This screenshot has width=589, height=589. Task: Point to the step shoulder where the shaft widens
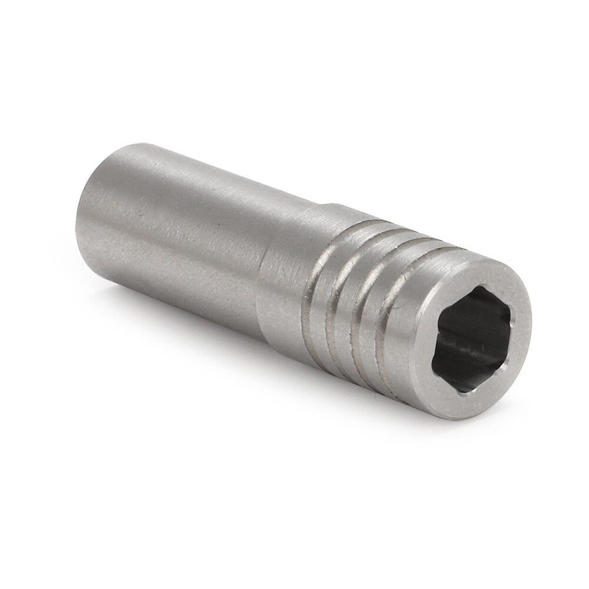point(263,259)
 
